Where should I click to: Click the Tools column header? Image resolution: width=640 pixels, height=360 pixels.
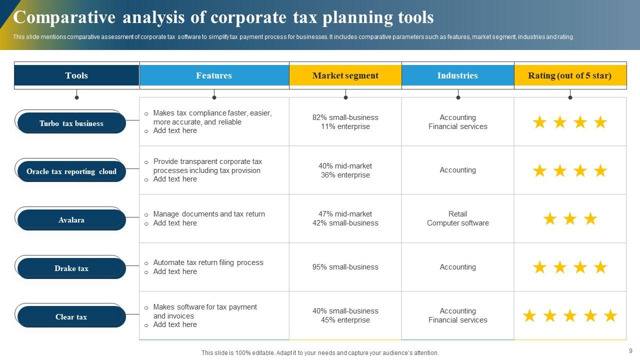tap(76, 75)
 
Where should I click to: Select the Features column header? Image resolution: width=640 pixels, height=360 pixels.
tap(214, 75)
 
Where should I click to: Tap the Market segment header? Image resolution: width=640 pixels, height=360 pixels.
tap(345, 75)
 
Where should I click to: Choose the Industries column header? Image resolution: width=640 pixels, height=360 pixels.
tap(457, 75)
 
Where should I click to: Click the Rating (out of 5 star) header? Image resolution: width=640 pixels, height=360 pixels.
tap(570, 75)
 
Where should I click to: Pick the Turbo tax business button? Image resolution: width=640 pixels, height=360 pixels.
tap(71, 123)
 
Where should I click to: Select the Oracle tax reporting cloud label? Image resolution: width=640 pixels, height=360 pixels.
tap(71, 171)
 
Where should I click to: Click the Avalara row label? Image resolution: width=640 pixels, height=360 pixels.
tap(71, 220)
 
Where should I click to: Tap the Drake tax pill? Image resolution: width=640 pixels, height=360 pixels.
tap(71, 268)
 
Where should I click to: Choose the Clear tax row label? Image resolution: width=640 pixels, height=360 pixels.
tap(71, 317)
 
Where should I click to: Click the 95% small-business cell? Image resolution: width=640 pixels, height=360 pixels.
tap(345, 267)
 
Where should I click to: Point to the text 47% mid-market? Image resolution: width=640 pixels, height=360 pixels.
tap(345, 214)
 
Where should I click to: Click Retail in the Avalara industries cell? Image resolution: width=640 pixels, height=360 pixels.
tap(457, 214)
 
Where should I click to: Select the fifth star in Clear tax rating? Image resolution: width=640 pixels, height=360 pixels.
tap(610, 316)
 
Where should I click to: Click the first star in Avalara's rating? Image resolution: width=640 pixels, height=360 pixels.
tap(549, 219)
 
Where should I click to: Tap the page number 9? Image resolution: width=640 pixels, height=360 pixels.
tap(630, 351)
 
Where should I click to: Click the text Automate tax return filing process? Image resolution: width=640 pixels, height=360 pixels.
tap(208, 262)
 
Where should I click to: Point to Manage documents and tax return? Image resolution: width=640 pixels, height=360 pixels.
tap(209, 214)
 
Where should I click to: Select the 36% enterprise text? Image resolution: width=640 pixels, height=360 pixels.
tap(345, 175)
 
